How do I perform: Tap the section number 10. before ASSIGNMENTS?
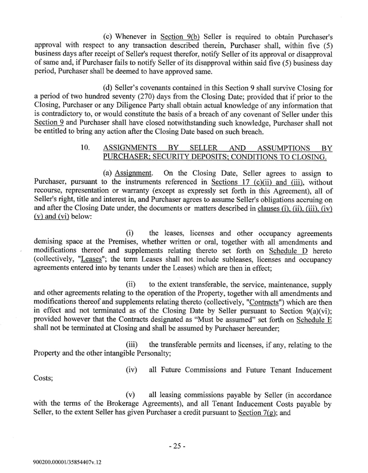[84, 147]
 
